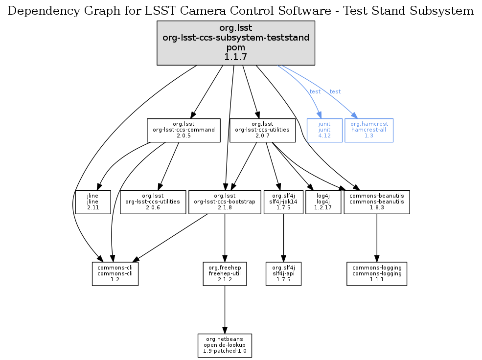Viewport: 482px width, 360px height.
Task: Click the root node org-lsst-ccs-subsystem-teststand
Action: [235, 43]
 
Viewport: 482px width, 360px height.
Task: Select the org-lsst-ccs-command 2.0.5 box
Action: [184, 130]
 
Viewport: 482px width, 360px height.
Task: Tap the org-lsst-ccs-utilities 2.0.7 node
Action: [262, 130]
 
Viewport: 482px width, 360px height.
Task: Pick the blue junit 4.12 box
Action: [324, 130]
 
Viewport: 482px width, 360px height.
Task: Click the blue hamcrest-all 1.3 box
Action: [369, 130]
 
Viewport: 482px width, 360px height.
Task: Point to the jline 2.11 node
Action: [93, 202]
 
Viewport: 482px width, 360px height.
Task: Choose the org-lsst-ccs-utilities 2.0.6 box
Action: [153, 202]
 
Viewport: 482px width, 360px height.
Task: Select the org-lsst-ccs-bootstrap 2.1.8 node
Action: [225, 202]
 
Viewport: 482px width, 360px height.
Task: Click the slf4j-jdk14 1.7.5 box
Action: [284, 202]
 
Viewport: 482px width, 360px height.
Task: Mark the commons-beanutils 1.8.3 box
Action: [376, 202]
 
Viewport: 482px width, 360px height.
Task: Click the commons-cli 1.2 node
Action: [115, 273]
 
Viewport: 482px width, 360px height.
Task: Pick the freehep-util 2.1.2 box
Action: [225, 273]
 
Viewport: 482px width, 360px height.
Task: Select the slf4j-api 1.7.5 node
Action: [283, 273]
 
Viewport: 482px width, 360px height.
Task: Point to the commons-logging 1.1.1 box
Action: [376, 273]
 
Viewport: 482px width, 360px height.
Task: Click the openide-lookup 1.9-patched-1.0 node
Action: [225, 345]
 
